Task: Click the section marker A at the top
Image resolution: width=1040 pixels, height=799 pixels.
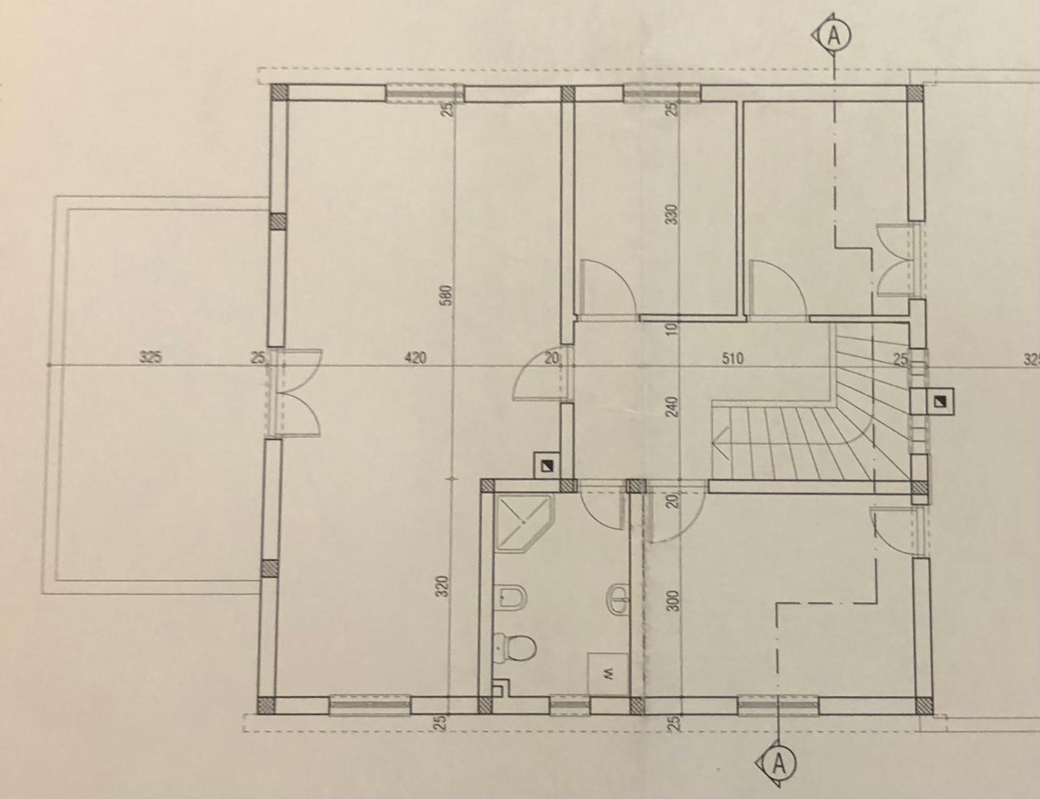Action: pos(834,37)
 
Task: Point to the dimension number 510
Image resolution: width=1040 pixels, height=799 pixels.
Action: pos(732,359)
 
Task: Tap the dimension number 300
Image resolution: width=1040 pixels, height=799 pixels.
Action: pos(674,600)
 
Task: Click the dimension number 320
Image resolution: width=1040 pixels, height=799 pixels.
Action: pos(442,586)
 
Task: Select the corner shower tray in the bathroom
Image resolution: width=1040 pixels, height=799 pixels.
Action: pos(524,523)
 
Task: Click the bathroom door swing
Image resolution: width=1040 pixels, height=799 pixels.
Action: pos(600,509)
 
